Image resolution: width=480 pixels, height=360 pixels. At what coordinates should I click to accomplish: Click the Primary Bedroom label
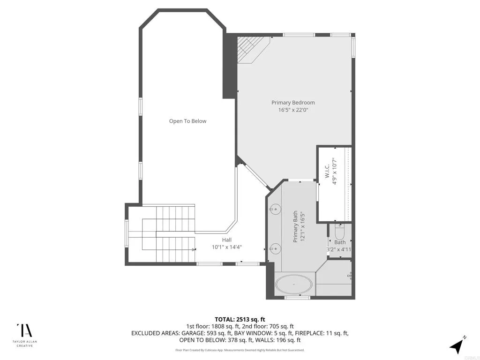pos(293,103)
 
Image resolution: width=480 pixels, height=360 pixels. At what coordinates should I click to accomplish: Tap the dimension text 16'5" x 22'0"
pos(293,110)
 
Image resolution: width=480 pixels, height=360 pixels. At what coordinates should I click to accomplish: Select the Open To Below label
pos(187,121)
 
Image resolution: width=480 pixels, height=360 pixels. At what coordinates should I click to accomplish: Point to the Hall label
pos(227,240)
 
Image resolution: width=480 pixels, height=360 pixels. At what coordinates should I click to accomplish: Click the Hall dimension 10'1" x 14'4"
pos(227,247)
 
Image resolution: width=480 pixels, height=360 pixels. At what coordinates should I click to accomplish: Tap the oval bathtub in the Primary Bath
pos(293,285)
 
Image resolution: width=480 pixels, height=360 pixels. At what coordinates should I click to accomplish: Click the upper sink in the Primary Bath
pos(275,209)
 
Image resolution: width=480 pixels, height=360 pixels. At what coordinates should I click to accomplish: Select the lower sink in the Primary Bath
pos(275,248)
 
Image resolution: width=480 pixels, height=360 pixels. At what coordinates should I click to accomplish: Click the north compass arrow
pos(457,345)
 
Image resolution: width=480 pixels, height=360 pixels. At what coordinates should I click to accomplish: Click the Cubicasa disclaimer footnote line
pos(240,350)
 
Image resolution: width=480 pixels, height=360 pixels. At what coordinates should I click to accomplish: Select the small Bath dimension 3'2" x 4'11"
pos(339,249)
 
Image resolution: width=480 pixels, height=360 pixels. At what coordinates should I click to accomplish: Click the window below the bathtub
pos(293,298)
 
